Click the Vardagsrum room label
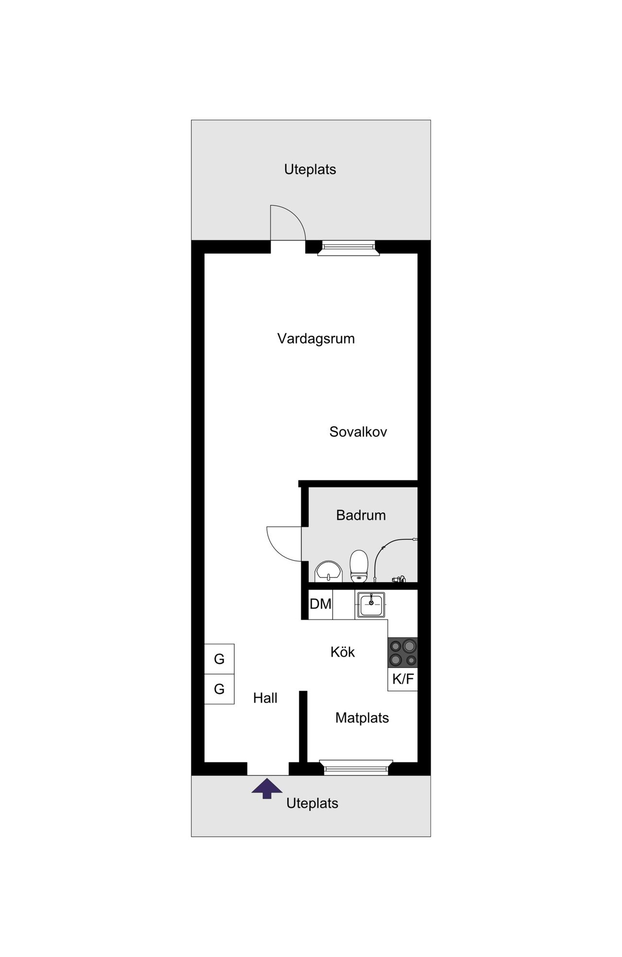(316, 339)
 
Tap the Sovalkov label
(358, 432)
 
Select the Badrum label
(361, 515)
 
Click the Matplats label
(362, 718)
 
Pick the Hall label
(265, 698)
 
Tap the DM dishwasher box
(321, 604)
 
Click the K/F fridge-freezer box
(403, 679)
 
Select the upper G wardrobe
(219, 659)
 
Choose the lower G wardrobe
(219, 689)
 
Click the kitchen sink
(371, 604)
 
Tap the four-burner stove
(403, 652)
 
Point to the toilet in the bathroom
(359, 566)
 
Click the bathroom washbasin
(328, 572)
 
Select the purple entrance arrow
(266, 789)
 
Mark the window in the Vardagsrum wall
(348, 248)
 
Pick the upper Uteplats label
(310, 170)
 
